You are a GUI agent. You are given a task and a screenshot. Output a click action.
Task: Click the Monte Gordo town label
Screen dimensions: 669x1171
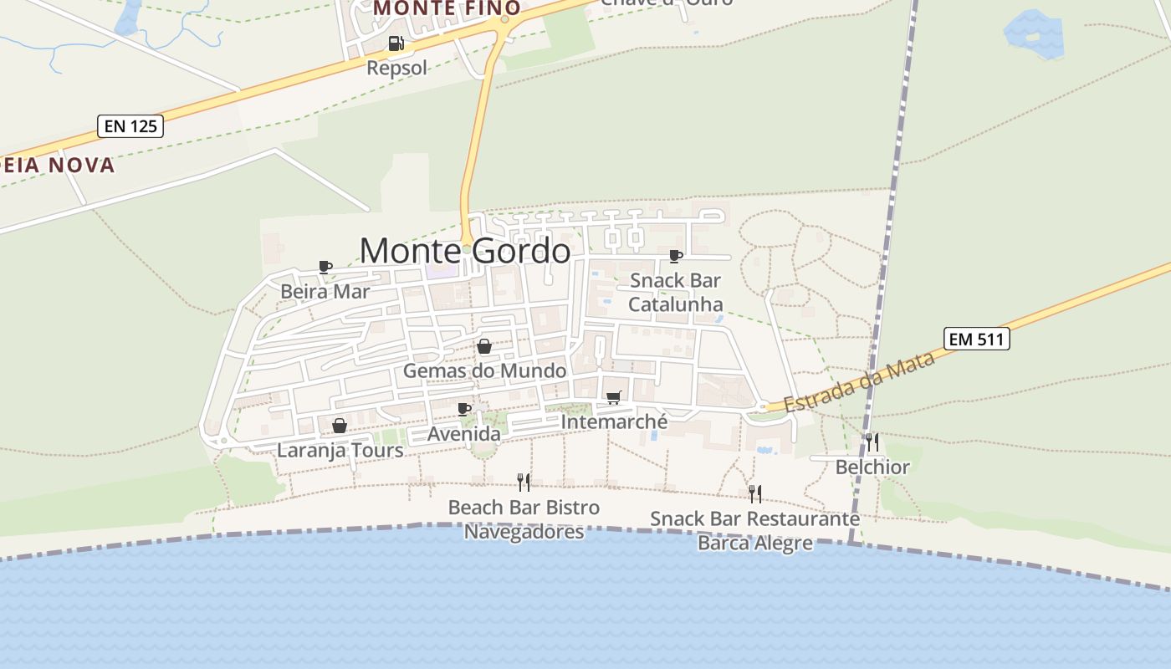tap(465, 251)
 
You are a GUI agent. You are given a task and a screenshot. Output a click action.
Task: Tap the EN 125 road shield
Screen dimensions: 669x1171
tap(130, 126)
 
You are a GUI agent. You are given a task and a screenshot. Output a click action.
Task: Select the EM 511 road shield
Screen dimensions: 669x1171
tap(977, 339)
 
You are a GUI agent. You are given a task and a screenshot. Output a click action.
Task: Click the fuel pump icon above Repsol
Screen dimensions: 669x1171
tap(396, 43)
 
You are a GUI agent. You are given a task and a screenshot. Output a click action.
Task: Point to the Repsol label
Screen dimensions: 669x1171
tap(397, 68)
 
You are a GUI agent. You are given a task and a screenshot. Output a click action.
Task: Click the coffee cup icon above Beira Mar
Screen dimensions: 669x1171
tap(325, 268)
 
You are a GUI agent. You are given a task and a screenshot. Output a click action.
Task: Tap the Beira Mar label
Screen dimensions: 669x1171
tap(325, 292)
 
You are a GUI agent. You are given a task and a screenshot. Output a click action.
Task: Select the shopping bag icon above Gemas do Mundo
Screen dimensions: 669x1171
tap(484, 346)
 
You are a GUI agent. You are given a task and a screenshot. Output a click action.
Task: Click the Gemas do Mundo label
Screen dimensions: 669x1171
tap(484, 370)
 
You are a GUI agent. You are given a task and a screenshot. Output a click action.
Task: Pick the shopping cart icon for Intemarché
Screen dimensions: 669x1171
tap(614, 397)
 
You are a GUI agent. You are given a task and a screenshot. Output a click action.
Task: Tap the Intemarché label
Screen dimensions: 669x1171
tap(614, 421)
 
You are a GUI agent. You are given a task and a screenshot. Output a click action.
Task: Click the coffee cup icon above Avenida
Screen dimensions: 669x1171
tap(464, 410)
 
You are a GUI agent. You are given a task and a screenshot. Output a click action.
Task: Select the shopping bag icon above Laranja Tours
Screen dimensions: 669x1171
tap(340, 426)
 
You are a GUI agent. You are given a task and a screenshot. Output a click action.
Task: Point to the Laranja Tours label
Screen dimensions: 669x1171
tap(340, 451)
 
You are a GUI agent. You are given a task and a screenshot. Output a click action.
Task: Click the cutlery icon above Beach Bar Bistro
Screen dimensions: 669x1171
tap(524, 482)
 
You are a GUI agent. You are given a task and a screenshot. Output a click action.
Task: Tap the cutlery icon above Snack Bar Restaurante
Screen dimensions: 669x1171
tap(754, 493)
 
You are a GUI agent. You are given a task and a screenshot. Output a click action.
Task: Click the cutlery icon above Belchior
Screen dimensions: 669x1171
tap(872, 442)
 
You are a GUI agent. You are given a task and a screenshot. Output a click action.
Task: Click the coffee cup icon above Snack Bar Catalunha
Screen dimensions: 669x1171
tap(676, 256)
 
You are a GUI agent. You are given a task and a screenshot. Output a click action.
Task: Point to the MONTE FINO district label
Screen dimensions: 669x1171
tap(447, 8)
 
